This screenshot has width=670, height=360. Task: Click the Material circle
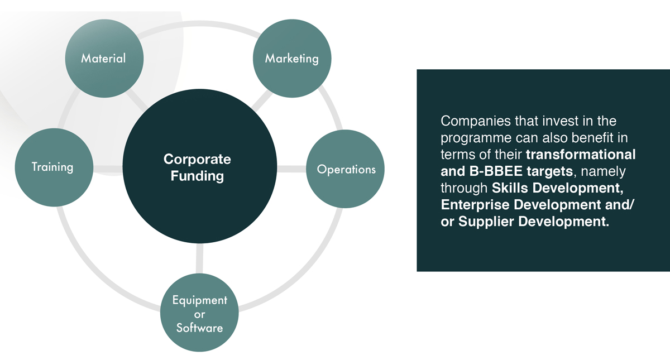(104, 58)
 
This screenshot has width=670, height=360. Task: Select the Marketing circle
(291, 58)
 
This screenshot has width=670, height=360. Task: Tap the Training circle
(53, 167)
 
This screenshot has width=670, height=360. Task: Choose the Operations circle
(346, 169)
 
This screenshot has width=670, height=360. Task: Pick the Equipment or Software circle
(199, 314)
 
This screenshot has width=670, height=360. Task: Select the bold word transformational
(581, 155)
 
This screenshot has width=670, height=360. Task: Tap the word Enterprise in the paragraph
(475, 205)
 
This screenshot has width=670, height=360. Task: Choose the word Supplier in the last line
(486, 222)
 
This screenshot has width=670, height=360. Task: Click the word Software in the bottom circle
(199, 328)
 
